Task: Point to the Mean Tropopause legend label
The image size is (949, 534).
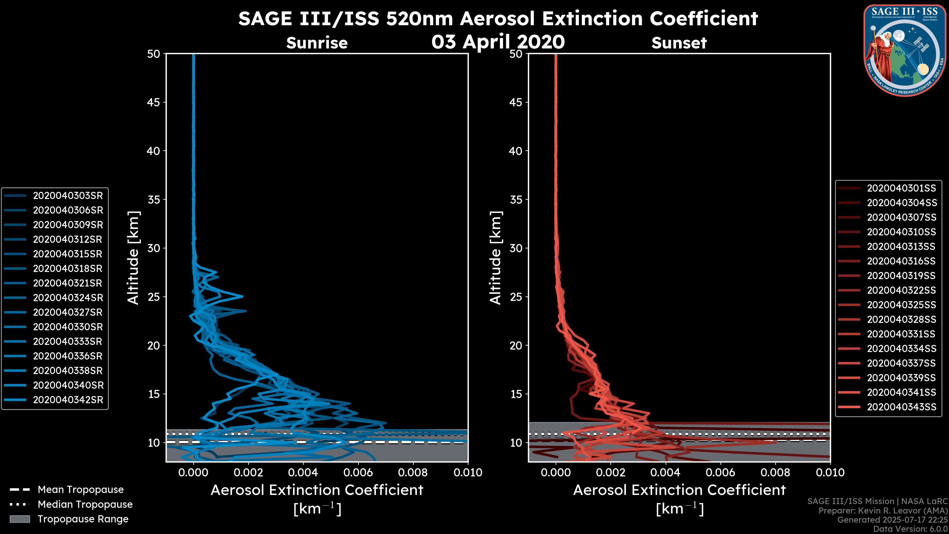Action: pyautogui.click(x=81, y=489)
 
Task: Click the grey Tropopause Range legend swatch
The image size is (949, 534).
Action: pyautogui.click(x=20, y=519)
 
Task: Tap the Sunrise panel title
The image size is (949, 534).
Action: pyautogui.click(x=317, y=43)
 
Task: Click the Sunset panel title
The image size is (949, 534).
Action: pyautogui.click(x=679, y=43)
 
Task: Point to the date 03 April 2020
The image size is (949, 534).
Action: pyautogui.click(x=498, y=42)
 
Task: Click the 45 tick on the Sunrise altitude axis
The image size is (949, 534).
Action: pyautogui.click(x=154, y=102)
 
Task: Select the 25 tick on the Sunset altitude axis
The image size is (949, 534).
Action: pyautogui.click(x=516, y=297)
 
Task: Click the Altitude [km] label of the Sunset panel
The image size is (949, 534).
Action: pyautogui.click(x=496, y=258)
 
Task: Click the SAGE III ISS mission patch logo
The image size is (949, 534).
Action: pyautogui.click(x=905, y=50)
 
